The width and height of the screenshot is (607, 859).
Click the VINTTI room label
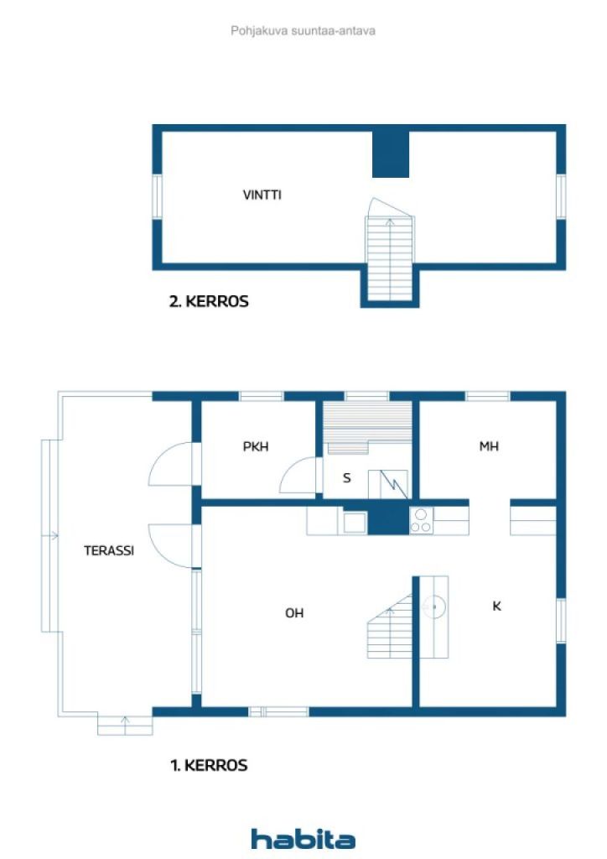262,195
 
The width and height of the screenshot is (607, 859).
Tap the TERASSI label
109,550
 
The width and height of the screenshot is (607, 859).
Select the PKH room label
256,446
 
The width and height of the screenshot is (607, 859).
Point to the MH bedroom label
489,446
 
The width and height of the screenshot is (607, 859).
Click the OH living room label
294,613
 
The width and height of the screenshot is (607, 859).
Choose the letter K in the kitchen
496,606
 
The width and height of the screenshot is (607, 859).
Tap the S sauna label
346,478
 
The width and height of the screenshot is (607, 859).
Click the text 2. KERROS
209,301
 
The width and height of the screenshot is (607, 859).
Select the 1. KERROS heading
209,765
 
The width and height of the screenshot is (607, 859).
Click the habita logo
303,839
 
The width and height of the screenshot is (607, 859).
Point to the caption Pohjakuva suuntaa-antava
303,31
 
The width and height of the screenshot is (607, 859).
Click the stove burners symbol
422,520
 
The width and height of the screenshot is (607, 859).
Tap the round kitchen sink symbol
434,607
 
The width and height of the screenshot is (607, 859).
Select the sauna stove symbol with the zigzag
387,484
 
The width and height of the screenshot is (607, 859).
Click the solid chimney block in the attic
391,154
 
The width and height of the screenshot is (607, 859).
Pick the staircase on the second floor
390,249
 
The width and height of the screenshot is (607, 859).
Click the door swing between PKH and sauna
298,476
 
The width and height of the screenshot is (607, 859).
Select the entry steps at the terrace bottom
125,725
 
